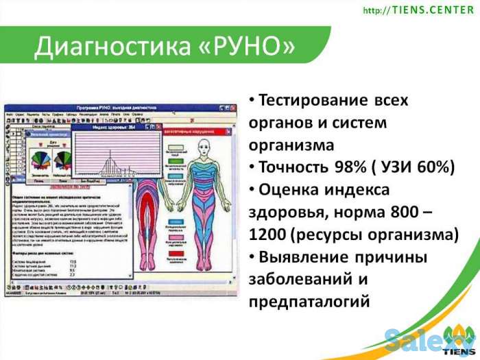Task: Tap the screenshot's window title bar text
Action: pyautogui.click(x=123, y=111)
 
